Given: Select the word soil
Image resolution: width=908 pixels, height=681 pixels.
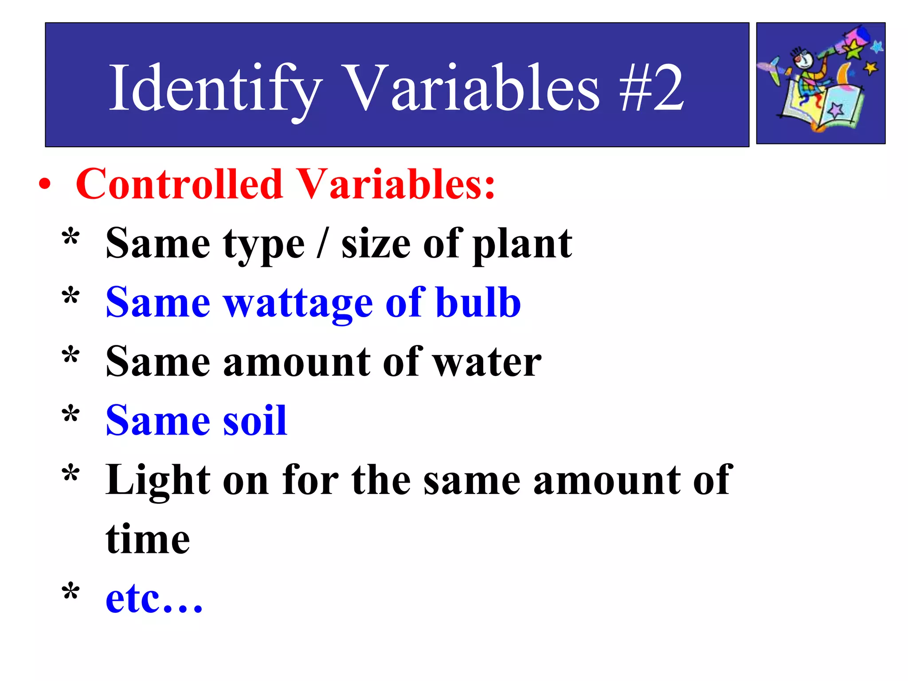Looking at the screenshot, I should (254, 421).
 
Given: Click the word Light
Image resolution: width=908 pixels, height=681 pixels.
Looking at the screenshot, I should (158, 481).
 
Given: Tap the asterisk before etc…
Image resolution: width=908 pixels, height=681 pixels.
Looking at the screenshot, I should (71, 592).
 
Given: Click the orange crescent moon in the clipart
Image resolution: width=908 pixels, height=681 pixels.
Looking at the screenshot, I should (843, 74).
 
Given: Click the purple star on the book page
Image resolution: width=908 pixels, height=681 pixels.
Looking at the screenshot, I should (836, 110).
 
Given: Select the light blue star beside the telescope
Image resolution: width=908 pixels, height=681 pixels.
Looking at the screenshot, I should (877, 46).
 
